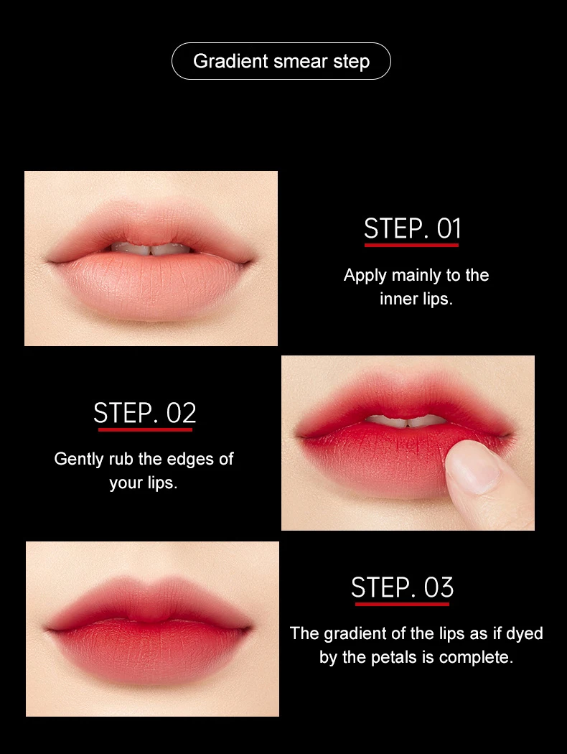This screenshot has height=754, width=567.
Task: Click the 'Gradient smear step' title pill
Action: (281, 61)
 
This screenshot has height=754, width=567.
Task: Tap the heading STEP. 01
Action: (412, 228)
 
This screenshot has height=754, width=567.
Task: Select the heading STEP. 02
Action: (144, 414)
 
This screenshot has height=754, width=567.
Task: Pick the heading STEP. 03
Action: (402, 587)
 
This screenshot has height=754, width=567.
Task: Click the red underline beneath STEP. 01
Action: (411, 246)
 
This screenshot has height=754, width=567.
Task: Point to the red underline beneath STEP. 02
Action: (145, 429)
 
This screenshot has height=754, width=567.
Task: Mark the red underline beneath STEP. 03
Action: (402, 604)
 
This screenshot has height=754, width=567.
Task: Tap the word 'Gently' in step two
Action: (79, 459)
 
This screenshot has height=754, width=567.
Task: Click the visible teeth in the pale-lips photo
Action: (151, 249)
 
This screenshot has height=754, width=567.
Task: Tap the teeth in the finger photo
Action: (408, 422)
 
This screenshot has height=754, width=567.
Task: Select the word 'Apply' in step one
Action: (365, 275)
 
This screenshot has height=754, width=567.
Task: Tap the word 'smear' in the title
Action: (301, 61)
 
